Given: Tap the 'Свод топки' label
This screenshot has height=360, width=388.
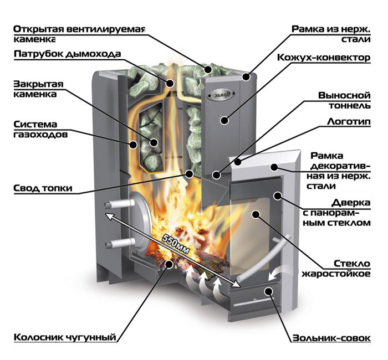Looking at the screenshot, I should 43,188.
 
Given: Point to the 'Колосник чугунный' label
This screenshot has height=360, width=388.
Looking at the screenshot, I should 65,336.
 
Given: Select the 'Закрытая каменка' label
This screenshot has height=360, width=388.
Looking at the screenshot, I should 37,89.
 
